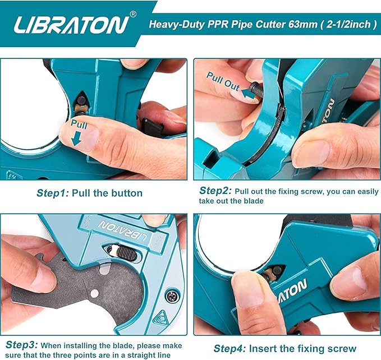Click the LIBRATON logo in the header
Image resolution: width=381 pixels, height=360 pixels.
coord(71,25)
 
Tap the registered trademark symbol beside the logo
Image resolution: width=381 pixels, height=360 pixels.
coord(133,14)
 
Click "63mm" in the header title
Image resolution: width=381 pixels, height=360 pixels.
coord(284,25)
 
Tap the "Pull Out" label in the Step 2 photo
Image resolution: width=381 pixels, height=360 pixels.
coord(223,81)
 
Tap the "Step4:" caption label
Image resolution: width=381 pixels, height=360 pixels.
coord(229,348)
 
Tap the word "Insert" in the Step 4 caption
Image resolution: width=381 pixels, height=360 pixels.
coord(265,348)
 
